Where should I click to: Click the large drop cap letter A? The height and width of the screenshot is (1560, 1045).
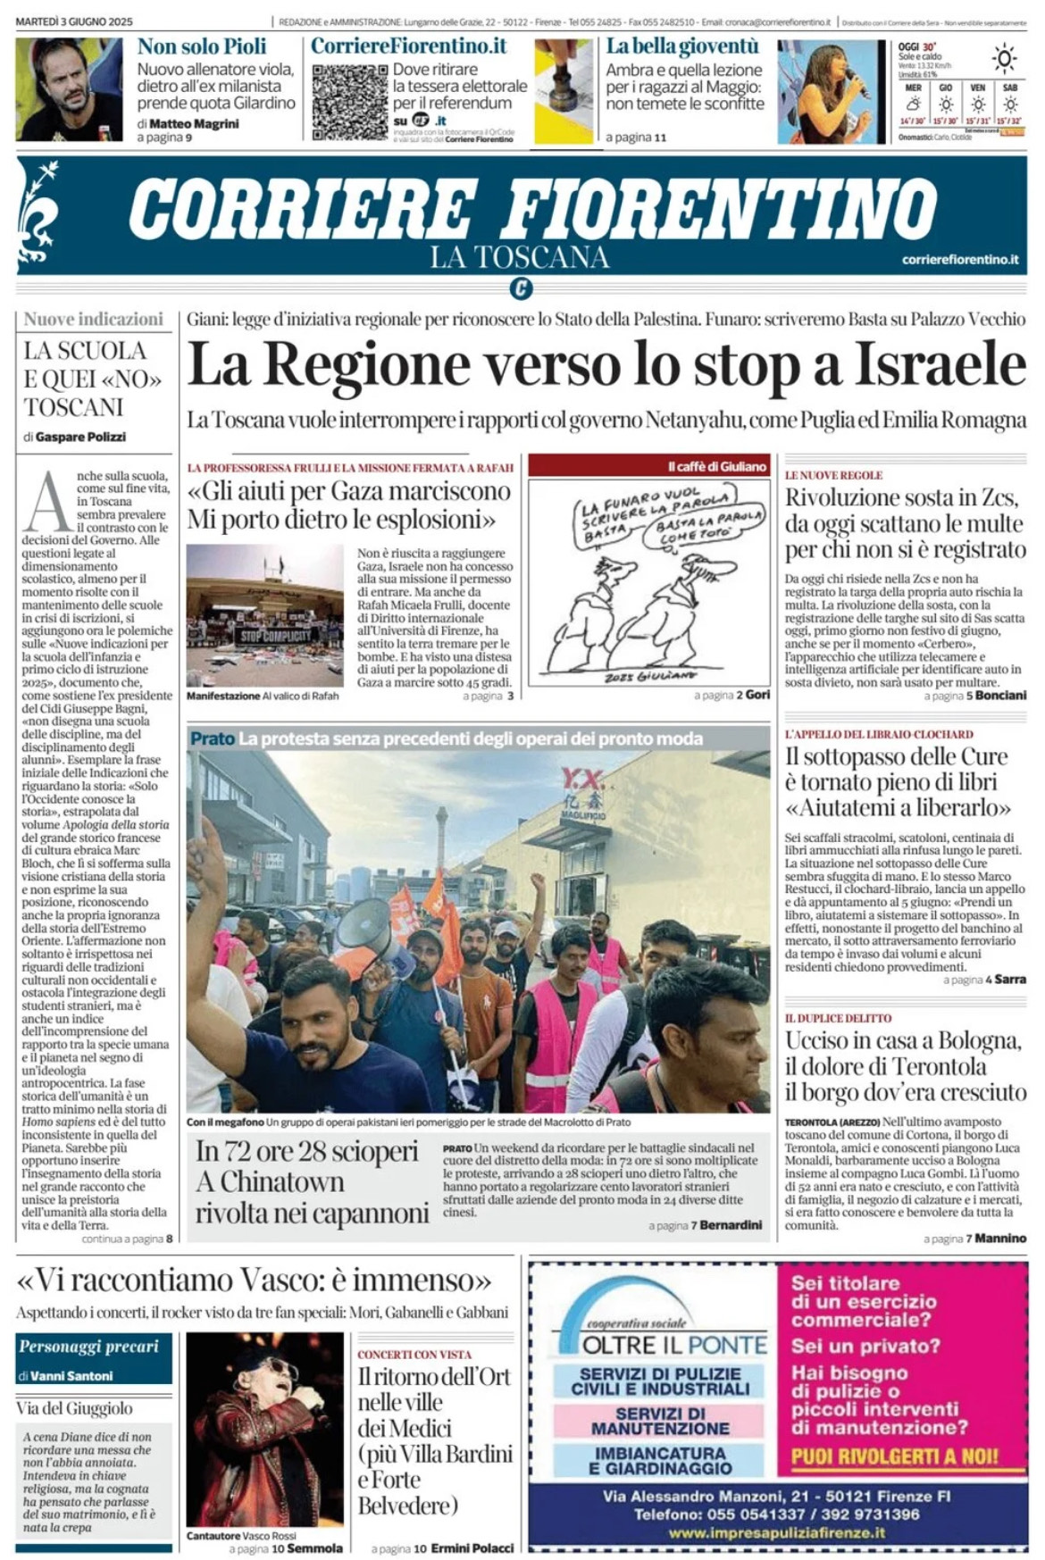[x=46, y=503]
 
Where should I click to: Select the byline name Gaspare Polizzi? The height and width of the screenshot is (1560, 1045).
[x=81, y=437]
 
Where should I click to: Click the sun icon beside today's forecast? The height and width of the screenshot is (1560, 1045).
[x=1004, y=60]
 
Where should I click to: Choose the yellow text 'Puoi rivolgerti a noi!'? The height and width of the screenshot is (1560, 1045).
[x=895, y=1456]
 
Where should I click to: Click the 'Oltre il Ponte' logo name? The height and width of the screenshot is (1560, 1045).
[x=674, y=1345]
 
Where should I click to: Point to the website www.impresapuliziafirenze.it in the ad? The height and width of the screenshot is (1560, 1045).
[x=777, y=1532]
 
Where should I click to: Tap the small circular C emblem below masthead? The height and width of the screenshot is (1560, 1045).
[x=522, y=288]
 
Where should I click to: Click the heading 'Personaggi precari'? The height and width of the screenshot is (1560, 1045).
[x=88, y=1347]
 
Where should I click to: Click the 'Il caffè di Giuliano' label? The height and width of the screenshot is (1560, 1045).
[x=717, y=466]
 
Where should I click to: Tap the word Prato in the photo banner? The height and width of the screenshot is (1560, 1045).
[x=212, y=738]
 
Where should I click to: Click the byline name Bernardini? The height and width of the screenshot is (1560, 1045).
[x=731, y=1225]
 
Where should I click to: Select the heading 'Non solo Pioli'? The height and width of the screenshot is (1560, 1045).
[x=202, y=46]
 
